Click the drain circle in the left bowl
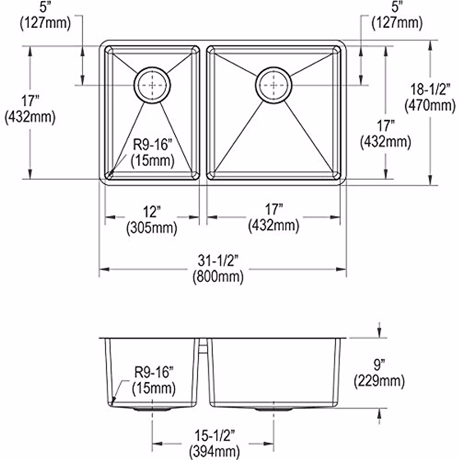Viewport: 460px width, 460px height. (152, 85)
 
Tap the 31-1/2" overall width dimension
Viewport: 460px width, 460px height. (218, 261)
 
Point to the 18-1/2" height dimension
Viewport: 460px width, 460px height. (430, 90)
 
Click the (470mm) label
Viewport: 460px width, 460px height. (430, 105)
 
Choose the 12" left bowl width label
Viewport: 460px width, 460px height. (152, 212)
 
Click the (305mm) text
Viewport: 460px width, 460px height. (152, 228)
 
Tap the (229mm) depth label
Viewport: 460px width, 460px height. (379, 381)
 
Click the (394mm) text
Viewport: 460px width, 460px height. (214, 451)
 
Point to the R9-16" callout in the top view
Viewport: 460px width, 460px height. (153, 145)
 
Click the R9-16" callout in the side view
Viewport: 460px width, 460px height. (154, 372)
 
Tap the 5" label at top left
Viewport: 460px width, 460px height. (45, 7)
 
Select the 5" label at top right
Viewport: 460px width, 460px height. (398, 7)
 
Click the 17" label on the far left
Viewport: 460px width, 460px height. (30, 101)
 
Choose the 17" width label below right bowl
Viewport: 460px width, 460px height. (273, 210)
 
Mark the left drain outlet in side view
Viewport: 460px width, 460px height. (153, 409)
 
